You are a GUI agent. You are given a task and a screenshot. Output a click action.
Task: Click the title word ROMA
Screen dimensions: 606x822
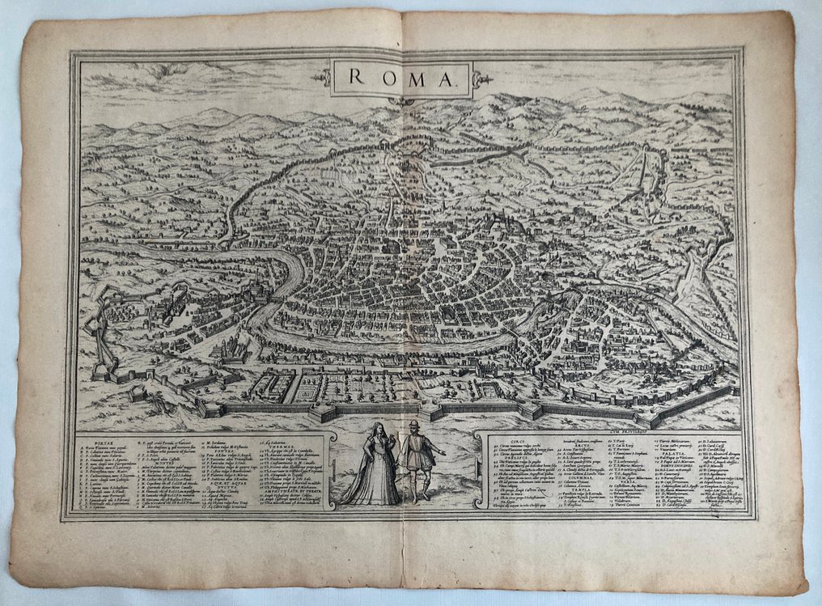(400, 78)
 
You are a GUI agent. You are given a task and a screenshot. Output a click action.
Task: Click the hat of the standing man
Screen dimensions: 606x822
(414, 424)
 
